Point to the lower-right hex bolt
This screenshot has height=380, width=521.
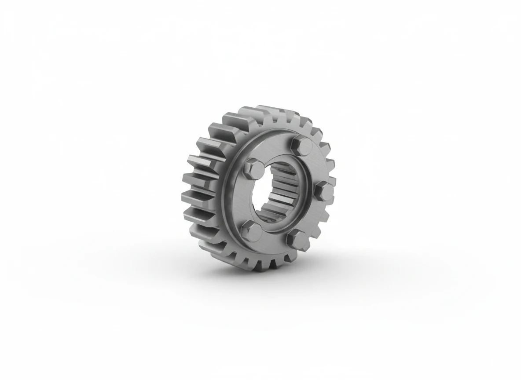[297, 239]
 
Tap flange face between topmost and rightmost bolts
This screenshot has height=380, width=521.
[319, 165]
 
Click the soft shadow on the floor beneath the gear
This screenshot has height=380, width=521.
[334, 264]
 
